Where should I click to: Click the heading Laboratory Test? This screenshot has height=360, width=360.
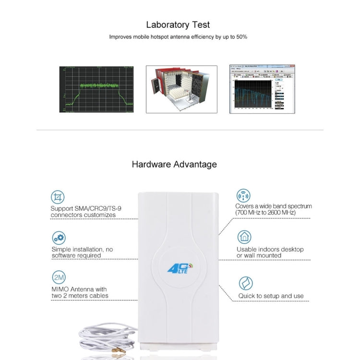178,25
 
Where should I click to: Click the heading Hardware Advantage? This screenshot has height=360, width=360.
174,164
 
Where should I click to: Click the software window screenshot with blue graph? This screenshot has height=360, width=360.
262,89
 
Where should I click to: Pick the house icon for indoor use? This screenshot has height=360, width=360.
244,237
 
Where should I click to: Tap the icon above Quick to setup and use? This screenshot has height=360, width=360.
246,283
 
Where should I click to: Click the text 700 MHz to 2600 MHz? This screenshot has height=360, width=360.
266,212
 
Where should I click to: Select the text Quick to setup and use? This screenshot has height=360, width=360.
271,296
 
